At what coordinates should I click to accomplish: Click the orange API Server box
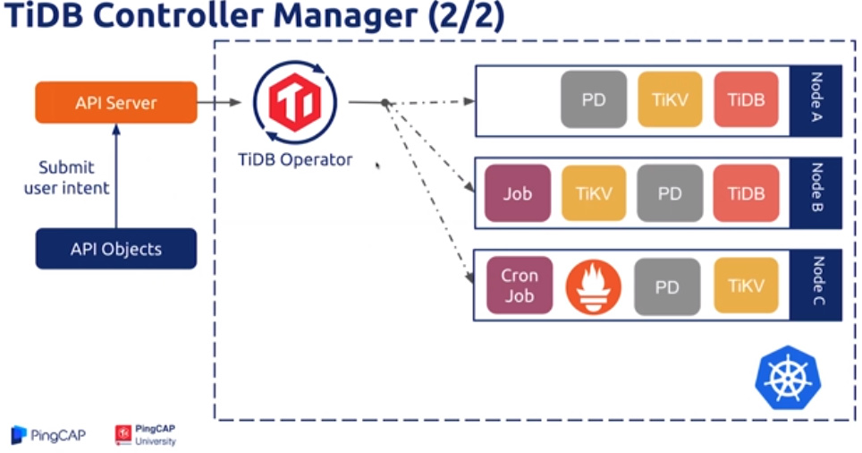point(115,103)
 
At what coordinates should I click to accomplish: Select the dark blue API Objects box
point(115,248)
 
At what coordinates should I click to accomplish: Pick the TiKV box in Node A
point(670,100)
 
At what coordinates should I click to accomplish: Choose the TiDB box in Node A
point(746,100)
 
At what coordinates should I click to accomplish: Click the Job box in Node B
point(517,193)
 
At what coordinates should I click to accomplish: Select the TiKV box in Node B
point(593,193)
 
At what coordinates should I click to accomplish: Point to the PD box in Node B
point(670,193)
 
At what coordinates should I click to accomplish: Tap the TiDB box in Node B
point(746,193)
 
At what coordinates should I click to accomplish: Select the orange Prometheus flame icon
point(593,287)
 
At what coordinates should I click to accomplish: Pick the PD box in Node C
point(667,287)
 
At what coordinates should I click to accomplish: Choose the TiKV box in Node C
point(746,286)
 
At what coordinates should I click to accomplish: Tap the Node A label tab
point(816,100)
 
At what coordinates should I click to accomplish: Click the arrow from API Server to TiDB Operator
point(219,103)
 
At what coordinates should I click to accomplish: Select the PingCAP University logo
point(146,435)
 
